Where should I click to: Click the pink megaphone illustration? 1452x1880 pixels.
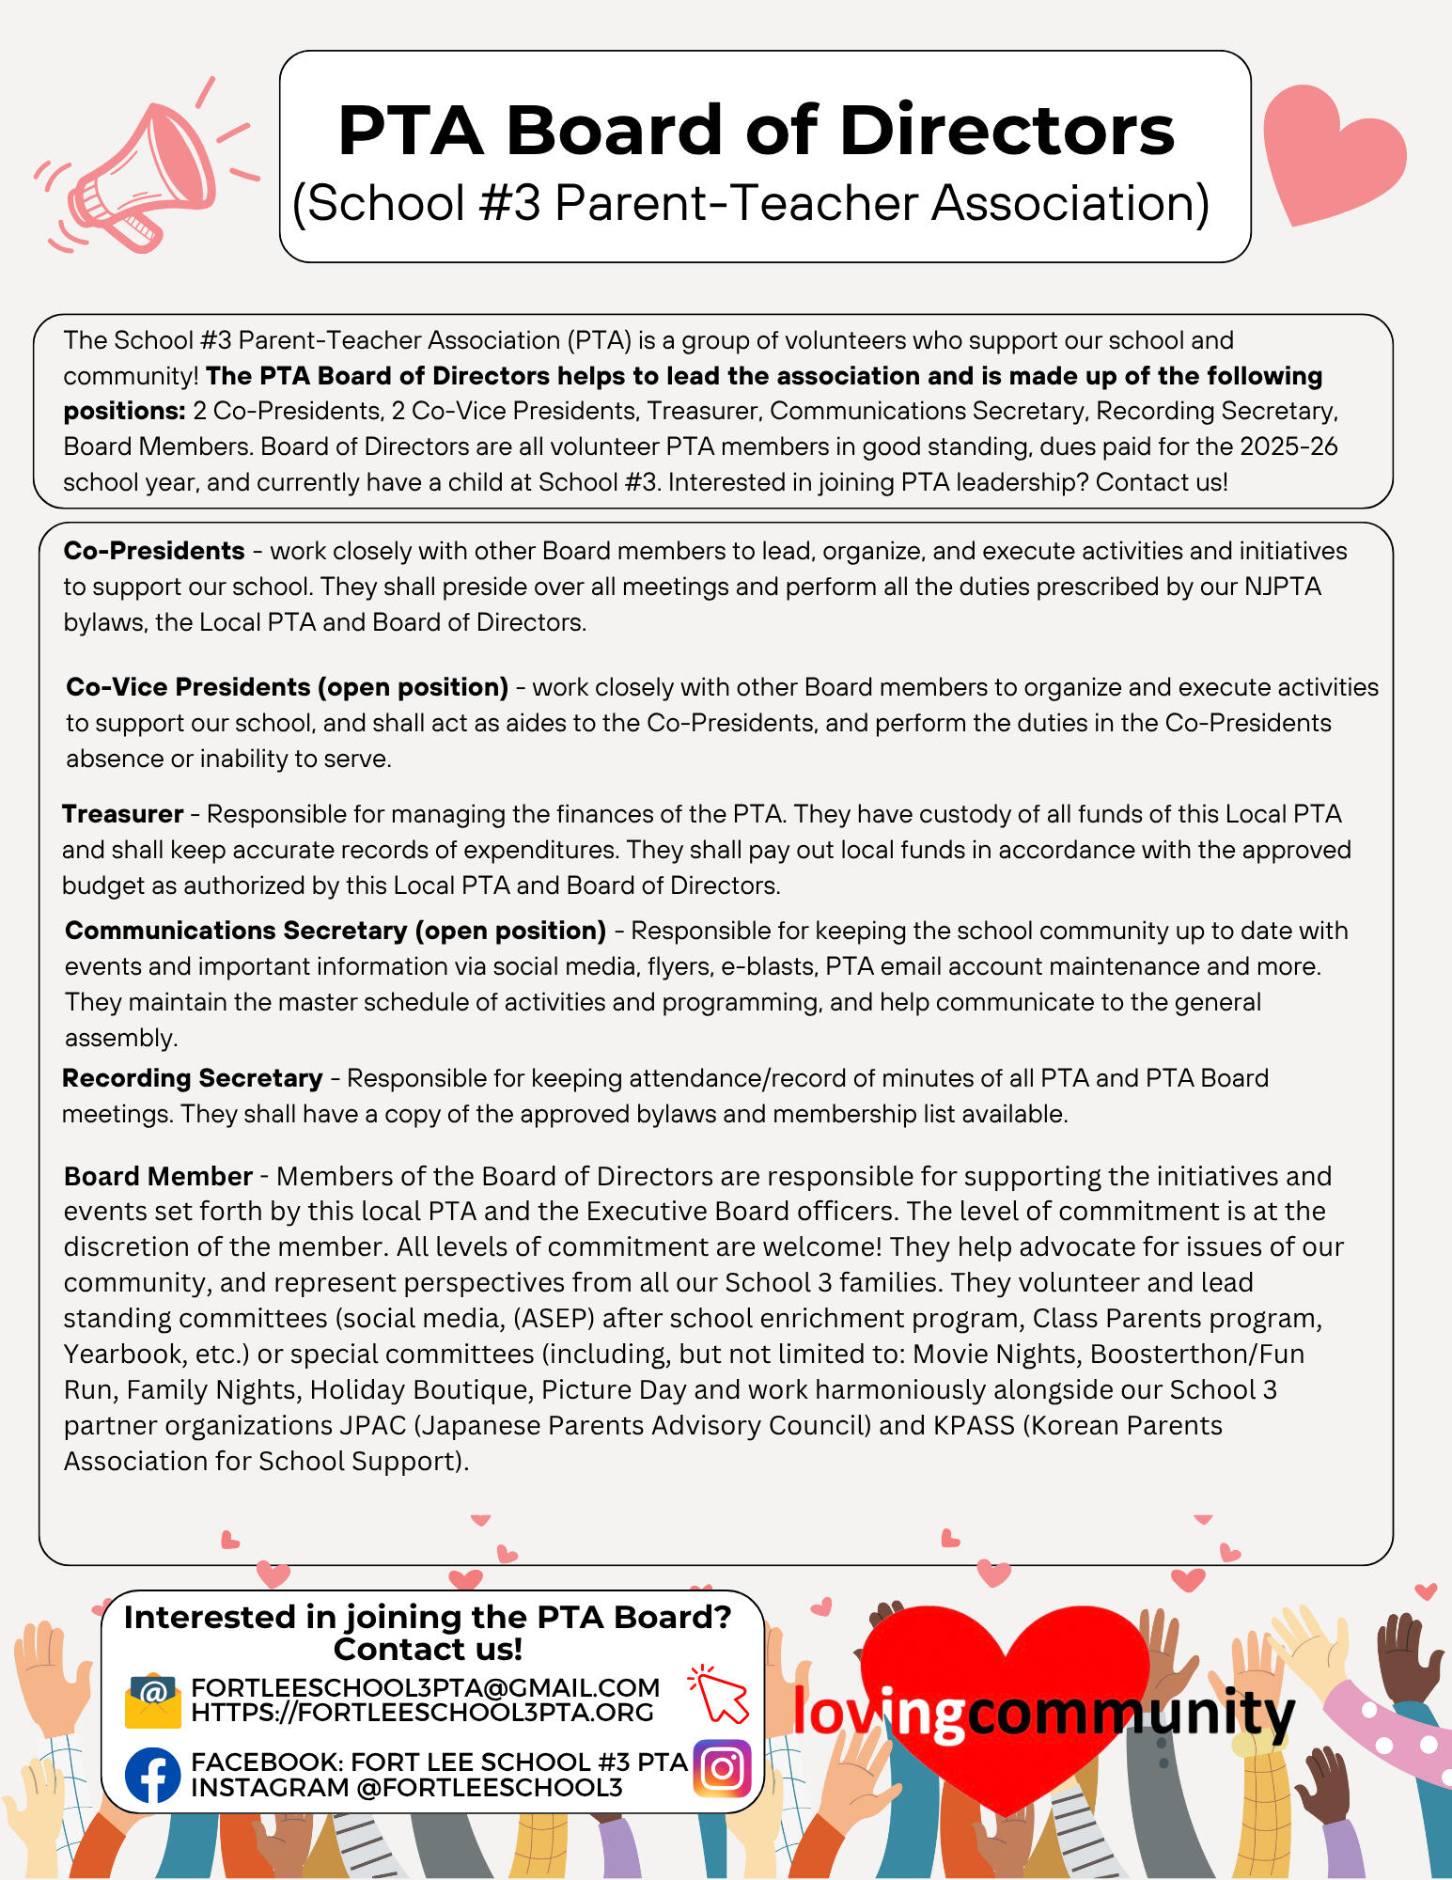[141, 169]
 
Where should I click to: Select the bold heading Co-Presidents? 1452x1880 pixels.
[154, 551]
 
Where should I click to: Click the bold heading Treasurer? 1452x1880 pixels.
[122, 814]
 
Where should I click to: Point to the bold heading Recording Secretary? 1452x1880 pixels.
[192, 1078]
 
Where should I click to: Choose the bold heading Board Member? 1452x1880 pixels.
[158, 1176]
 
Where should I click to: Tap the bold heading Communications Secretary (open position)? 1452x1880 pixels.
[336, 931]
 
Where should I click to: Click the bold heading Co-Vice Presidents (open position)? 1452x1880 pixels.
[287, 687]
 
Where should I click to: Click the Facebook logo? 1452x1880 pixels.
[152, 1775]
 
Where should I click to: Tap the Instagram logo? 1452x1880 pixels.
[722, 1768]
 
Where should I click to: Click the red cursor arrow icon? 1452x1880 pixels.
[719, 1694]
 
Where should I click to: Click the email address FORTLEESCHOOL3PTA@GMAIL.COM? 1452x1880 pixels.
[425, 1688]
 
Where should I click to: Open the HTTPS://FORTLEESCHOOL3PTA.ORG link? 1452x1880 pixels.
[422, 1712]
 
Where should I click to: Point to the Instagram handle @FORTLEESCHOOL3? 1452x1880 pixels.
[489, 1787]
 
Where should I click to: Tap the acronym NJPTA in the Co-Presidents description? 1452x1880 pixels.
[1283, 587]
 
